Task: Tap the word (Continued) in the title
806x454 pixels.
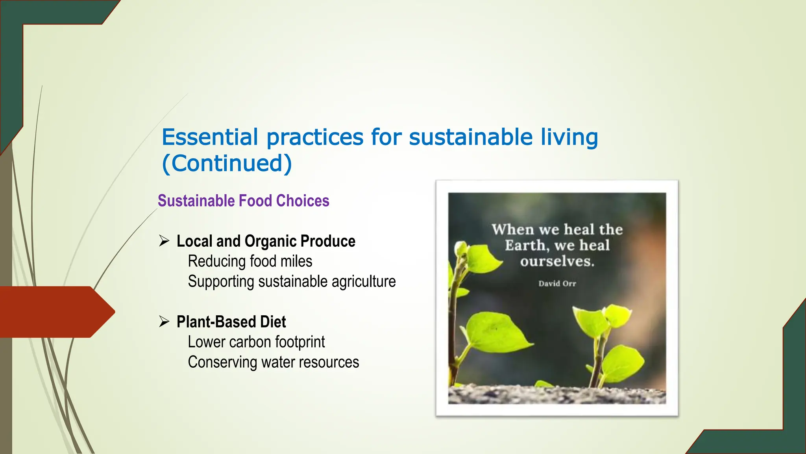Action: pyautogui.click(x=227, y=163)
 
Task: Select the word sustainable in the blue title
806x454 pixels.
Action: pyautogui.click(x=471, y=137)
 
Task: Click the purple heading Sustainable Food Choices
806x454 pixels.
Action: pyautogui.click(x=243, y=201)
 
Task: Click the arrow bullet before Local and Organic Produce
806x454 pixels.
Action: pyautogui.click(x=164, y=241)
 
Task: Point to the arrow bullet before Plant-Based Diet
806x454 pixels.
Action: pyautogui.click(x=164, y=322)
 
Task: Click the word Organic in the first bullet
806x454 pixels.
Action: pyautogui.click(x=270, y=241)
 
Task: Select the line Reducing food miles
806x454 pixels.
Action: pyautogui.click(x=250, y=261)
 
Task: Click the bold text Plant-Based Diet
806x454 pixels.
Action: pyautogui.click(x=231, y=322)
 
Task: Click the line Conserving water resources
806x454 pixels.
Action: pyautogui.click(x=273, y=362)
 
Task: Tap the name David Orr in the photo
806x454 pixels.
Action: pyautogui.click(x=557, y=283)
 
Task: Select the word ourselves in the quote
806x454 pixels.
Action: pyautogui.click(x=557, y=261)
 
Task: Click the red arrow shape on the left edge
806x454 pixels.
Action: pyautogui.click(x=55, y=312)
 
